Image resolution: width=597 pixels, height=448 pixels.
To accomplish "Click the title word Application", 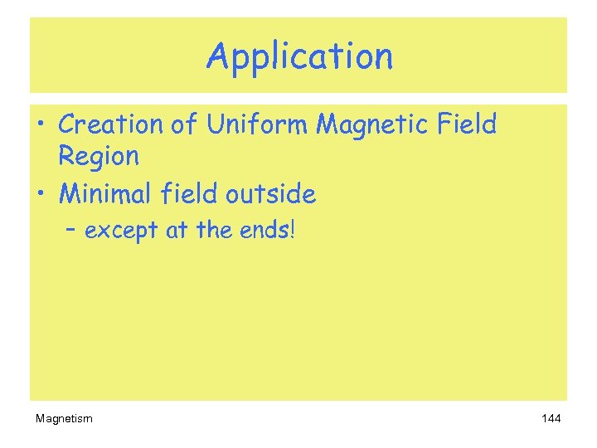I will (299, 57).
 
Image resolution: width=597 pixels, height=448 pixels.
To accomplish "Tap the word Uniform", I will (257, 124).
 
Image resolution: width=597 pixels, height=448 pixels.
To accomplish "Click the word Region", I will (99, 156).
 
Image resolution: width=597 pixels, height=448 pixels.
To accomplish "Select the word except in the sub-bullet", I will (122, 231).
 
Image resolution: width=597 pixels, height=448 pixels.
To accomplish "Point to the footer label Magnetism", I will (64, 418).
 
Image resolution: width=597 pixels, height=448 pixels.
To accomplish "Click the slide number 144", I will (551, 418).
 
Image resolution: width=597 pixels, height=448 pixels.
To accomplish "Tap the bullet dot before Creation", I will (41, 126).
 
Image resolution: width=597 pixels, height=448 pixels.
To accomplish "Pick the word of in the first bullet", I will (186, 124).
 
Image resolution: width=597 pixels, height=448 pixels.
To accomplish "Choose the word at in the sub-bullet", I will (177, 230).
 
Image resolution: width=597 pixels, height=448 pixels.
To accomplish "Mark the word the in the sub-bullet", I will (212, 230).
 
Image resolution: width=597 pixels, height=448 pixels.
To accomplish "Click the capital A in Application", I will (217, 56).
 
